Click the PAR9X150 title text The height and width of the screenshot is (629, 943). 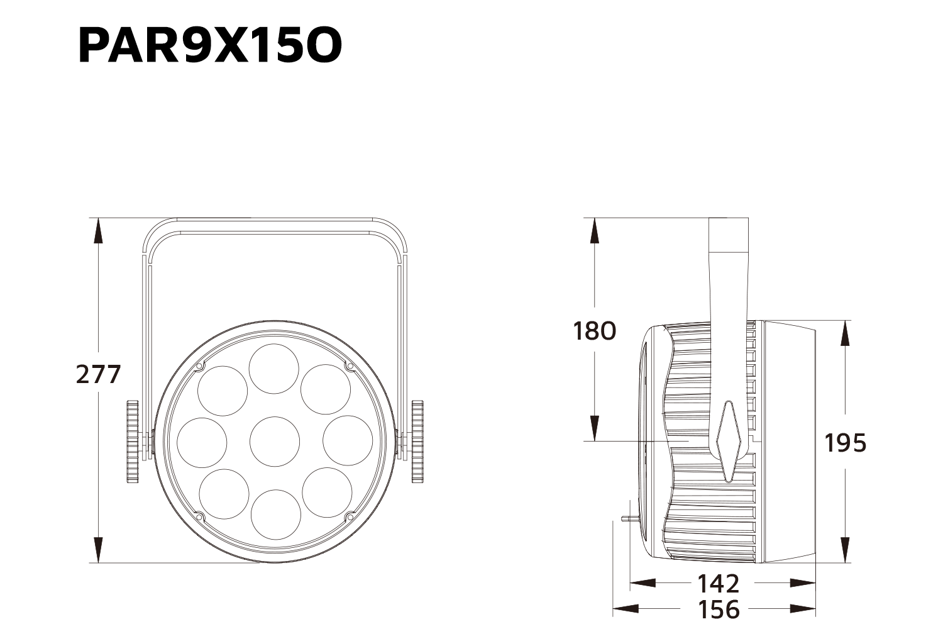click(210, 45)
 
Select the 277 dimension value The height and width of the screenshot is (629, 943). click(98, 374)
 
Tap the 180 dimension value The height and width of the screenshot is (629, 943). click(594, 330)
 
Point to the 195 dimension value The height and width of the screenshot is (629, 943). click(845, 443)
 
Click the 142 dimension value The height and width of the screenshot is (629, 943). click(718, 584)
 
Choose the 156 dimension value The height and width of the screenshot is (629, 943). click(719, 609)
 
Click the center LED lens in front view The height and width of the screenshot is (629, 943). click(275, 441)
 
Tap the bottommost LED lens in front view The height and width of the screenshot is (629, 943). click(275, 514)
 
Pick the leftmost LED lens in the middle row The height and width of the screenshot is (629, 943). click(202, 441)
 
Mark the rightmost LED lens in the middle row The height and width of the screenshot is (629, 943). click(348, 440)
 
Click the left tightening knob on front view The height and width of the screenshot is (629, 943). click(132, 441)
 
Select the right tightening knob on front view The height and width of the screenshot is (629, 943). click(417, 441)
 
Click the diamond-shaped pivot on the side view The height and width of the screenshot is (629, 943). click(729, 441)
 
